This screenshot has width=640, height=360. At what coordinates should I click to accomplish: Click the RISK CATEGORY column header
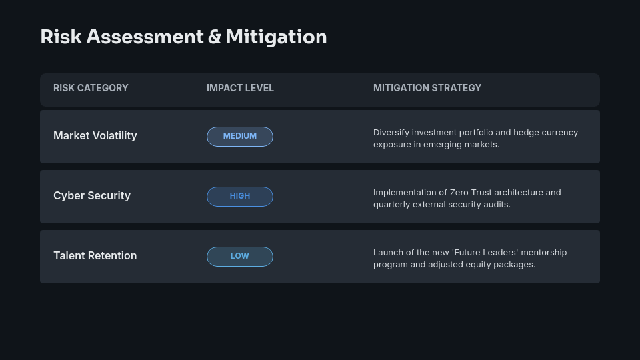(91, 88)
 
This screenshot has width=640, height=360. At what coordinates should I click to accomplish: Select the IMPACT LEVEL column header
(240, 88)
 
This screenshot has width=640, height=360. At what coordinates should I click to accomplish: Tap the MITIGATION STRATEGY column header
(427, 88)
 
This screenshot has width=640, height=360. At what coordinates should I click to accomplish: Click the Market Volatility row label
(95, 135)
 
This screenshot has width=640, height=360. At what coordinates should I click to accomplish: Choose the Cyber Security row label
(92, 195)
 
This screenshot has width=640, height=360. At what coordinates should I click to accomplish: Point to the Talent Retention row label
(95, 255)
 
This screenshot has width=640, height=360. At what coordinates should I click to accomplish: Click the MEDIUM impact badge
(240, 136)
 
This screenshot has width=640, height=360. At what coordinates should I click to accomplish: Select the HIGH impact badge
(240, 196)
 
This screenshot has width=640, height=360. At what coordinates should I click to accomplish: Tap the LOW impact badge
(240, 256)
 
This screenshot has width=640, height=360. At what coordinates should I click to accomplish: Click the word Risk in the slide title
(61, 37)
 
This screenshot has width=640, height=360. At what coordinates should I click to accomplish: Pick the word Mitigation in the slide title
(276, 37)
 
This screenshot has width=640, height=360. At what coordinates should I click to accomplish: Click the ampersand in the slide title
(215, 37)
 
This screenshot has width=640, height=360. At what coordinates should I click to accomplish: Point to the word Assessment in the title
(145, 37)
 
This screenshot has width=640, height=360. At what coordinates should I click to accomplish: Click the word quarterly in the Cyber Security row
(391, 205)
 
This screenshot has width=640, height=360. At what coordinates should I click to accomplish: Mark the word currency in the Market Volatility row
(560, 133)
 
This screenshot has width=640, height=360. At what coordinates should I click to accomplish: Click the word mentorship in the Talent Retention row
(544, 253)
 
